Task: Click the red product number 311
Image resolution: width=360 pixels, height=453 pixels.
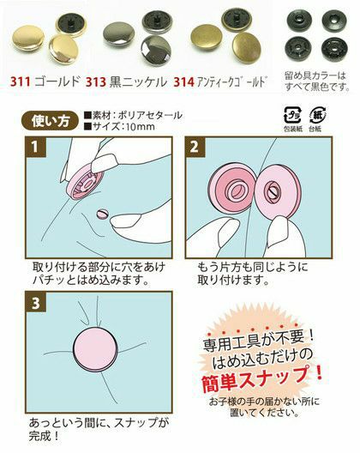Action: pyautogui.click(x=21, y=82)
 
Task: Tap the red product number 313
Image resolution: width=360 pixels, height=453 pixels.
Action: pyautogui.click(x=95, y=82)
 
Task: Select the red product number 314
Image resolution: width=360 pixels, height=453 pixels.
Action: pyautogui.click(x=184, y=82)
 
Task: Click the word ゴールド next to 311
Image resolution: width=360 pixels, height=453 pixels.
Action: pyautogui.click(x=57, y=82)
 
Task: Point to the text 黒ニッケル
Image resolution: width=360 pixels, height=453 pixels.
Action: pyautogui.click(x=138, y=82)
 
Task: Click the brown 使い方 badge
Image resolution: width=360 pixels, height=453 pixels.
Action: pyautogui.click(x=51, y=121)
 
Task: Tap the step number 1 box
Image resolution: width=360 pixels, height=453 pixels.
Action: pyautogui.click(x=35, y=147)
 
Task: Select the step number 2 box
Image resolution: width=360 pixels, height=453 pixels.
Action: pyautogui.click(x=195, y=147)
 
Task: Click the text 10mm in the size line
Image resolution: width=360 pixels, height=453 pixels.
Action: pyautogui.click(x=138, y=126)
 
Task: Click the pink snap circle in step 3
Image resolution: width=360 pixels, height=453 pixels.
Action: pyautogui.click(x=95, y=349)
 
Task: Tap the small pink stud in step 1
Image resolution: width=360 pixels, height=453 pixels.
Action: pyautogui.click(x=102, y=214)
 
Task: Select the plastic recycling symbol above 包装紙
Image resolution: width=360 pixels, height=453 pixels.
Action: pyautogui.click(x=292, y=115)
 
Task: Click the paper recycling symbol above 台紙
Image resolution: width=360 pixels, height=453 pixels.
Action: pyautogui.click(x=317, y=115)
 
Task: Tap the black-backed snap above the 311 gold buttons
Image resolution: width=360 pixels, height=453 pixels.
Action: pyautogui.click(x=68, y=25)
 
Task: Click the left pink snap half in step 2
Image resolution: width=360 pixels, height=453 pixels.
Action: pyautogui.click(x=232, y=190)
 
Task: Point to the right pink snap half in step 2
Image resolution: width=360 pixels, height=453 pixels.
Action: pyautogui.click(x=273, y=194)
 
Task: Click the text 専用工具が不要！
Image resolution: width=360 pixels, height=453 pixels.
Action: pyautogui.click(x=258, y=341)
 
